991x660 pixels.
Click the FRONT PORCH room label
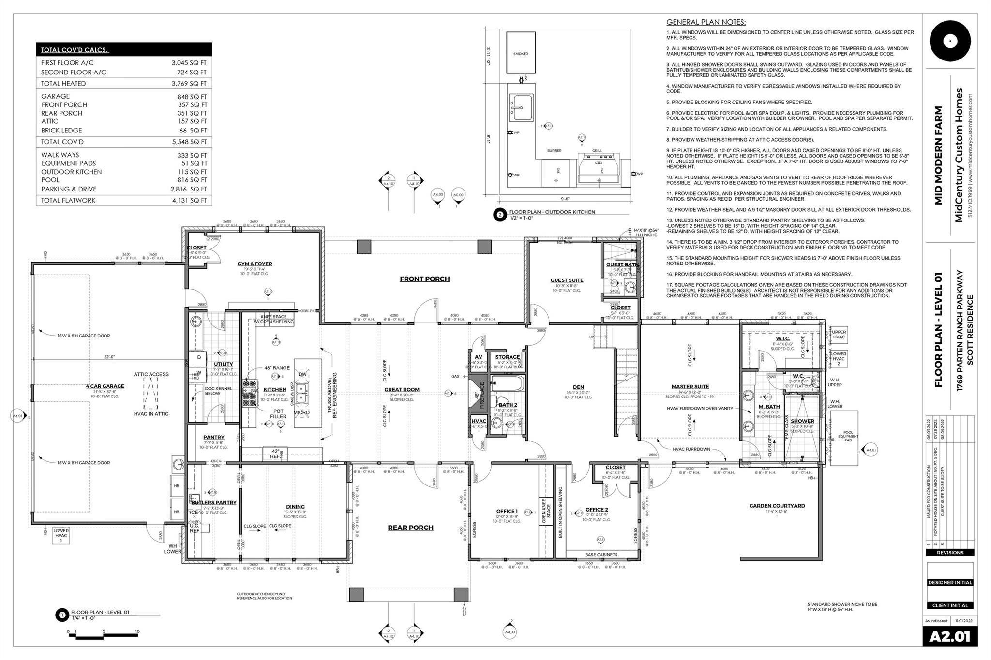424,279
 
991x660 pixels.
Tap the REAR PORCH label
410,528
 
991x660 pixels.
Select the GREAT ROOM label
402,389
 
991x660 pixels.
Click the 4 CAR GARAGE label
105,386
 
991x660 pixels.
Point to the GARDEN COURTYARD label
777,506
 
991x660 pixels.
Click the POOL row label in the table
50,180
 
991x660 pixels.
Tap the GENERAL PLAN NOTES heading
706,22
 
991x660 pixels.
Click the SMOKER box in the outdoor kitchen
521,53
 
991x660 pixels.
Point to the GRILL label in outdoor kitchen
597,151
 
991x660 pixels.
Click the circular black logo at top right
950,42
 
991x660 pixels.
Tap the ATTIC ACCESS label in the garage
151,374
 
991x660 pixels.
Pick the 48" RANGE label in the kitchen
277,368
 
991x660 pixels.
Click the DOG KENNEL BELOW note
219,391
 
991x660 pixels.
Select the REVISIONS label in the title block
950,552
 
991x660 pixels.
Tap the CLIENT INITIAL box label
950,605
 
